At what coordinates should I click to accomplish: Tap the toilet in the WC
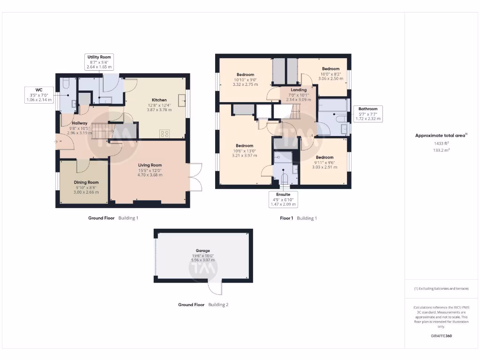tap(66, 83)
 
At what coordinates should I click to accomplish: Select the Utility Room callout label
tap(99, 62)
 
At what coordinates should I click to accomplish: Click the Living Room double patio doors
tap(195, 177)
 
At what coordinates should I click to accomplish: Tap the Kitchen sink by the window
tap(182, 100)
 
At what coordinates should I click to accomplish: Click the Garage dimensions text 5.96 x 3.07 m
tap(203, 260)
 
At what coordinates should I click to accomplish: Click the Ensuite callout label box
tap(283, 199)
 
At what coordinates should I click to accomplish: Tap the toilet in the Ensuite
tap(284, 179)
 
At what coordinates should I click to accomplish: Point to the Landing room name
tap(299, 90)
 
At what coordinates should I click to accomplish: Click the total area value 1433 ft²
tap(441, 143)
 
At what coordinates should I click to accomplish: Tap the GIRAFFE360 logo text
tap(441, 336)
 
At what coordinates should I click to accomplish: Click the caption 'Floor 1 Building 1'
tap(298, 218)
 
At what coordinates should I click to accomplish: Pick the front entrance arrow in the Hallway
tap(58, 140)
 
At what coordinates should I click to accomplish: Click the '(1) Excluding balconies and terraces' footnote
tap(441, 289)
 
